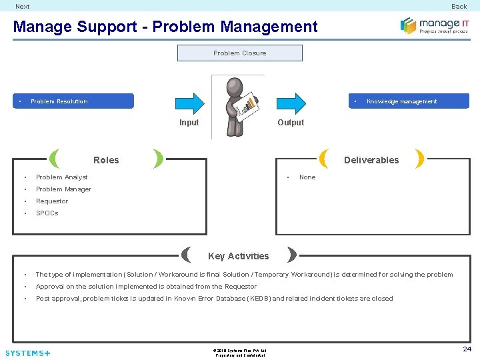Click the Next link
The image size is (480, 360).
click(23, 7)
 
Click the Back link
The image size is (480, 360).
click(459, 7)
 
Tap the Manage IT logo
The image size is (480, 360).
click(434, 25)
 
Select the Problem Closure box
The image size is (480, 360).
click(239, 53)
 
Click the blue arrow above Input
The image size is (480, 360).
click(189, 102)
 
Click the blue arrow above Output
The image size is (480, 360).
click(291, 102)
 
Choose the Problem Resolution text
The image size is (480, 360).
click(59, 101)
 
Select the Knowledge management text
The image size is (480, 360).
click(401, 101)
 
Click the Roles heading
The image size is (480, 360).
click(106, 160)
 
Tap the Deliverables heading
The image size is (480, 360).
click(371, 160)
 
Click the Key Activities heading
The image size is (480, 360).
click(239, 256)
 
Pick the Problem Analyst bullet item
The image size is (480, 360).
click(61, 177)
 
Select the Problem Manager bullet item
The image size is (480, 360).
click(63, 189)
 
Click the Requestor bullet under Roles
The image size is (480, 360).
click(52, 201)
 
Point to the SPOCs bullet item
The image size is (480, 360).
click(47, 213)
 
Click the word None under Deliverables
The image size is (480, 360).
click(307, 177)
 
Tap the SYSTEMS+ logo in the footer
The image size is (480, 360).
click(27, 353)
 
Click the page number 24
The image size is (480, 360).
click(467, 349)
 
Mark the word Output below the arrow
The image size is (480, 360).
click(291, 123)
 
